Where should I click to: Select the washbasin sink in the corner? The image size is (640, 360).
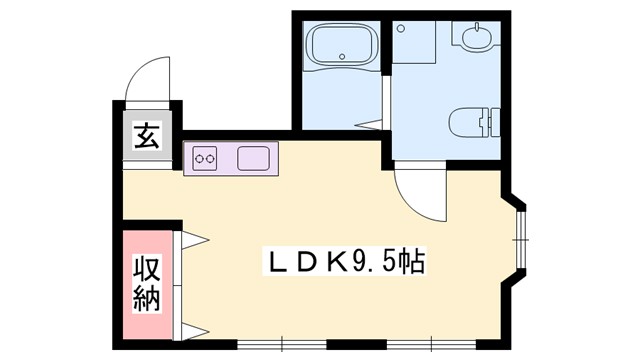point(473,38)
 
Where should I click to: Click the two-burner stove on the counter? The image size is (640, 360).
point(206,158)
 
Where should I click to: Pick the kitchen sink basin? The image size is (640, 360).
point(252,158)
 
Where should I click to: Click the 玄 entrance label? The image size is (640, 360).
point(147,135)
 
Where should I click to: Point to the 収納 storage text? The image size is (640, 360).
point(147,283)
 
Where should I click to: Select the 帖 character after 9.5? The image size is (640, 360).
point(411,263)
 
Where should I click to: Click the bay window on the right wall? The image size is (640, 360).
point(520,241)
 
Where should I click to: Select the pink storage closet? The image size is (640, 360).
point(147,283)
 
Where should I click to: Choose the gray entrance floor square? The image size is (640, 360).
point(147,135)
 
